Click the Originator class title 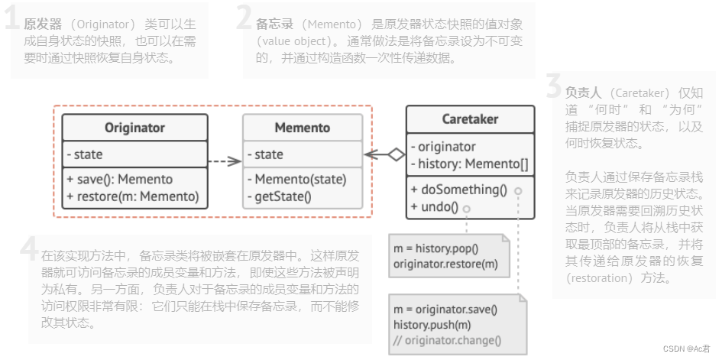(134, 128)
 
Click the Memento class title (303, 128)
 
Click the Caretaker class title (470, 118)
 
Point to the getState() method (283, 196)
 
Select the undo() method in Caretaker (434, 206)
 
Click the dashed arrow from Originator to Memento (225, 161)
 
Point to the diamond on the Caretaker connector (395, 154)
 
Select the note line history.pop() (435, 248)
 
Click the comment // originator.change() (448, 341)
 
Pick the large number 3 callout (554, 88)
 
